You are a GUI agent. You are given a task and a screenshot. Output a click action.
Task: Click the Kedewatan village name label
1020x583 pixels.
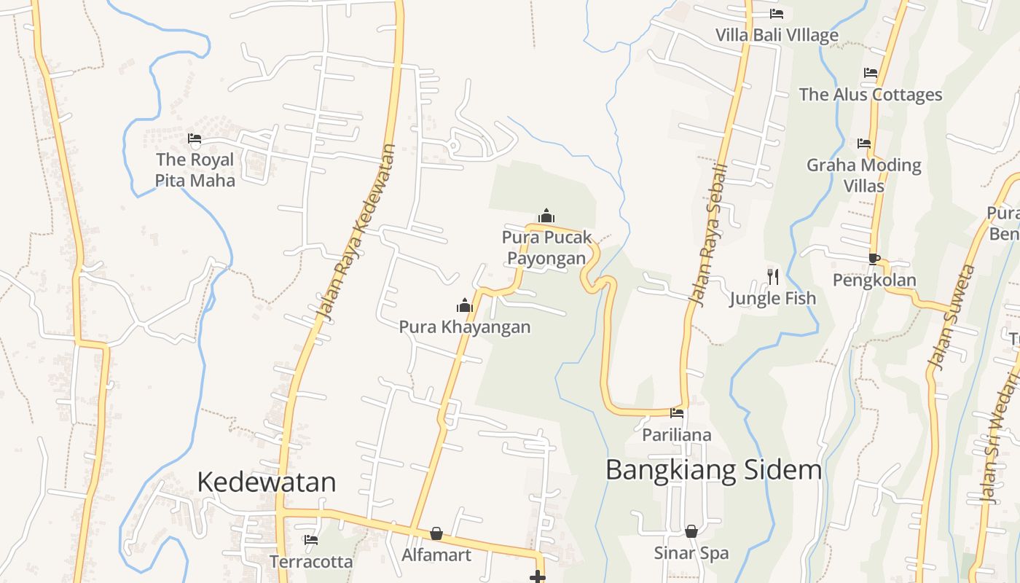tap(266, 482)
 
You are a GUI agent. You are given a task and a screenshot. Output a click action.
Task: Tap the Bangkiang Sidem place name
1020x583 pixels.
tap(713, 470)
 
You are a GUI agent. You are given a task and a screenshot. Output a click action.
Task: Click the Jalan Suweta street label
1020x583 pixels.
tap(952, 317)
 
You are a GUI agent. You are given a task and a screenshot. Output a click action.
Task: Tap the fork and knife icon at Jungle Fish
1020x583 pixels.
tap(773, 276)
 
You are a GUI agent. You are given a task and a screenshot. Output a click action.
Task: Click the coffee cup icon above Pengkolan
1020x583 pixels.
tap(874, 259)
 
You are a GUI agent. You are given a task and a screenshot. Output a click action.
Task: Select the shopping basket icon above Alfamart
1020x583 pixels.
tap(436, 533)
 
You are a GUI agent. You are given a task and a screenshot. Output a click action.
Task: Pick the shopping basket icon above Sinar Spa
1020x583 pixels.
tap(691, 531)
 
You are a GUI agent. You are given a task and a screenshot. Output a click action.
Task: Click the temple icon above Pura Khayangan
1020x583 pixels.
tap(465, 305)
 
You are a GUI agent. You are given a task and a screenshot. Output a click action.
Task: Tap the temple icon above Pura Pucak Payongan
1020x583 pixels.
tap(546, 216)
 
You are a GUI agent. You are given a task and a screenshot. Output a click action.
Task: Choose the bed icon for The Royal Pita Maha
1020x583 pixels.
tap(194, 138)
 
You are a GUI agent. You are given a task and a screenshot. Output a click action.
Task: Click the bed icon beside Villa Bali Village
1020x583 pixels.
tap(777, 14)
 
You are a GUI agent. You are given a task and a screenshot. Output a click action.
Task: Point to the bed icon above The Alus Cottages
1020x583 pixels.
tap(870, 73)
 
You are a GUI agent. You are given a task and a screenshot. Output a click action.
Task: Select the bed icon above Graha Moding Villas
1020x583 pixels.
tap(864, 144)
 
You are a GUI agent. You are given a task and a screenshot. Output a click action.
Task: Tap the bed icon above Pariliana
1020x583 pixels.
tap(677, 413)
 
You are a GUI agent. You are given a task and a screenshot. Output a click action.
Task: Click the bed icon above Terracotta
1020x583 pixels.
tap(311, 540)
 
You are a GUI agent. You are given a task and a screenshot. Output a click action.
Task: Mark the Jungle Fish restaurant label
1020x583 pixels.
tap(772, 298)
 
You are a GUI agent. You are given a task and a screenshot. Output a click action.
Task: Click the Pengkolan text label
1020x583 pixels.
tap(874, 280)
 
